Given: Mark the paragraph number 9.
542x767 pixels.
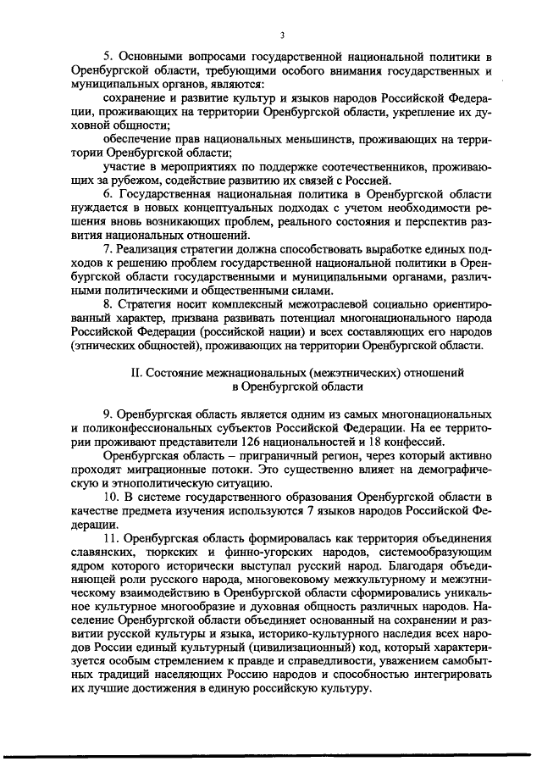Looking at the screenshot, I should tap(108, 414).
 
